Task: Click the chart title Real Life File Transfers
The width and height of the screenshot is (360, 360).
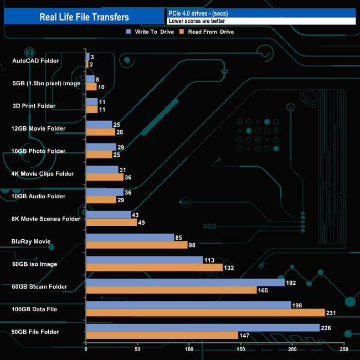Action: pos(84,17)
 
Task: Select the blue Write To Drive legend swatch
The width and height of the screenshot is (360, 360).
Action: pos(128,32)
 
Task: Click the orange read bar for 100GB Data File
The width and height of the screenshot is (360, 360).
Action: pos(205,312)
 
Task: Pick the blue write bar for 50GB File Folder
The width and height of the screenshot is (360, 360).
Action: pos(203,328)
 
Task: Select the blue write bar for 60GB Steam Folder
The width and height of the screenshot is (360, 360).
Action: pos(185,282)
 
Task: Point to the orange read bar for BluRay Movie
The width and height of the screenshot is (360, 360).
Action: pos(137,245)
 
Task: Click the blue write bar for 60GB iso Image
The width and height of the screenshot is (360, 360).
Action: pos(145,260)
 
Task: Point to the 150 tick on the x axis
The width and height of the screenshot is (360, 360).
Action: pos(241,349)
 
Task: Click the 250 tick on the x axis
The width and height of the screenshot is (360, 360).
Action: pos(344,349)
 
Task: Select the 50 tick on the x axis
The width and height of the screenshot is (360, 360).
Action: pos(138,349)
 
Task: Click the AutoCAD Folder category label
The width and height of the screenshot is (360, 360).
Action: pos(35,60)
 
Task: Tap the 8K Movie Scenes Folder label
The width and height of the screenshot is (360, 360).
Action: pos(46,219)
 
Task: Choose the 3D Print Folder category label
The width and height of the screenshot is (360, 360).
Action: pos(34,106)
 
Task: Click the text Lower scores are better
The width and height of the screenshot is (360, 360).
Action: pos(197,21)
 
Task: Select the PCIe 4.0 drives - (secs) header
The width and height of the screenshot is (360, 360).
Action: pos(198,13)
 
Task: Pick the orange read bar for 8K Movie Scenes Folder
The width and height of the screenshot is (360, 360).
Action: pos(111,222)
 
